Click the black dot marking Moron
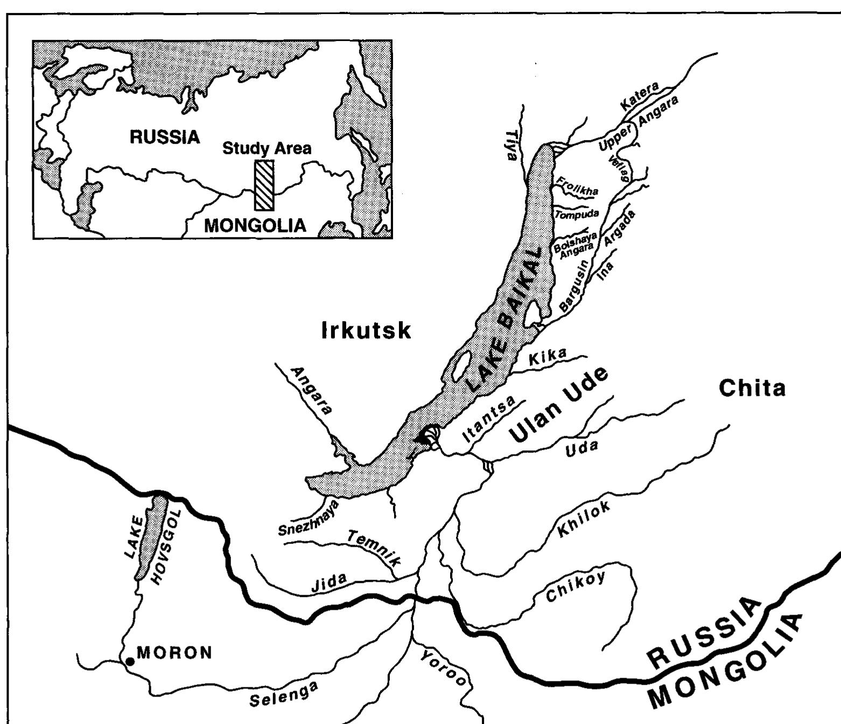(x=129, y=662)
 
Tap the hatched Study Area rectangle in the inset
(x=264, y=185)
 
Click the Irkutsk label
(x=366, y=330)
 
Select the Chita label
(x=752, y=388)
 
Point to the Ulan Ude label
(x=558, y=406)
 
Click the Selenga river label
(x=283, y=694)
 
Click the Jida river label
(x=329, y=584)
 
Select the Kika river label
(x=548, y=357)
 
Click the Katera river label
(x=640, y=96)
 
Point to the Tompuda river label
(x=577, y=214)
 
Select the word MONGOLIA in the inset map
(x=255, y=225)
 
